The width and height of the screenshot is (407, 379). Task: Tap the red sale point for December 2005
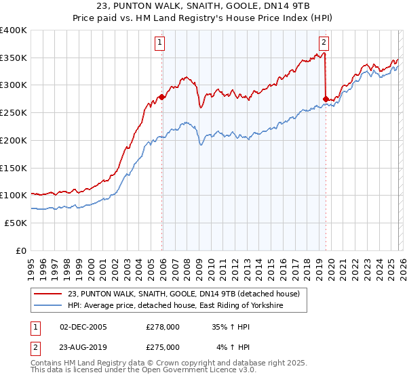tap(162, 97)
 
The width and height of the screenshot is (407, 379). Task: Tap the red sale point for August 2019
tap(326, 99)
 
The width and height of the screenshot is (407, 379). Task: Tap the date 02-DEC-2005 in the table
tap(83, 326)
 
